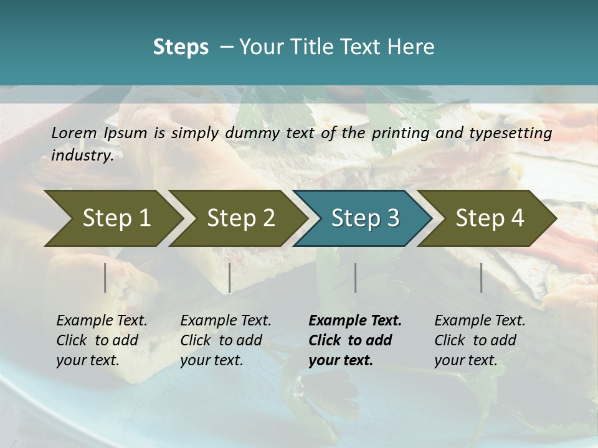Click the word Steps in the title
coord(181,47)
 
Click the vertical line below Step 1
coord(105,278)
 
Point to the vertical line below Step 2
coord(230,278)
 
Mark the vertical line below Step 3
coord(356,278)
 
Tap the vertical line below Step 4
coord(482,278)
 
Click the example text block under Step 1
coord(102,340)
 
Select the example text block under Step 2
coord(225,340)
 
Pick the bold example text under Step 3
coord(355,340)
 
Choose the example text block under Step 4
coord(480,340)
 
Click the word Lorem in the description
coord(74,133)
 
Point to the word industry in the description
coord(82,156)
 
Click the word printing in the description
coord(401,133)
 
